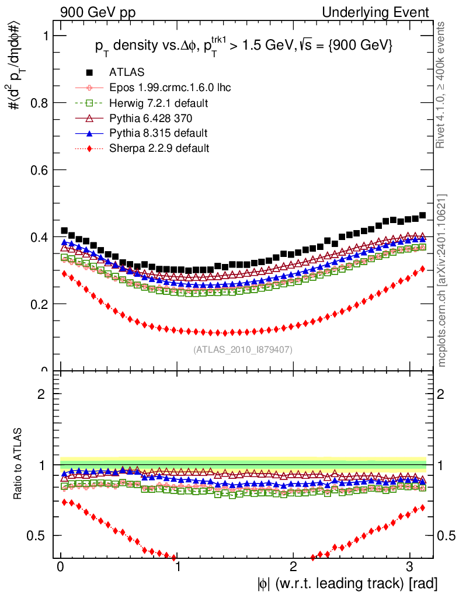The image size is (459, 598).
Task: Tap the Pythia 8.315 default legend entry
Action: coord(158,133)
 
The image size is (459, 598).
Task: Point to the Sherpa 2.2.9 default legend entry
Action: coord(159,148)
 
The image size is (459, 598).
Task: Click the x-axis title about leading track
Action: coord(346,583)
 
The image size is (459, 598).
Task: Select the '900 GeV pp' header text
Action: coord(95,12)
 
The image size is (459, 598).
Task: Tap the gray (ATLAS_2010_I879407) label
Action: coord(242,350)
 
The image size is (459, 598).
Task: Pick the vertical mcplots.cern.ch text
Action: coord(442,280)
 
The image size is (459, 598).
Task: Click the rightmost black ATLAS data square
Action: coord(422,215)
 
